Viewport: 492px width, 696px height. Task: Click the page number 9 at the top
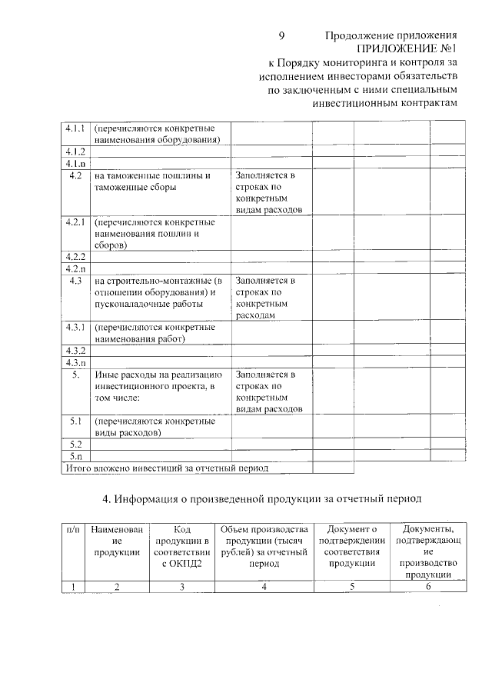[281, 36]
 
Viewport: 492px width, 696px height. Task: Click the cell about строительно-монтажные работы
[157, 292]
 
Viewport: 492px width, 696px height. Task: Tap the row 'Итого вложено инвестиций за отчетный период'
[166, 468]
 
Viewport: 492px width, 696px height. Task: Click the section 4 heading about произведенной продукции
[262, 498]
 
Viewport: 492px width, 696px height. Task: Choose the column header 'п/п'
[73, 529]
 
